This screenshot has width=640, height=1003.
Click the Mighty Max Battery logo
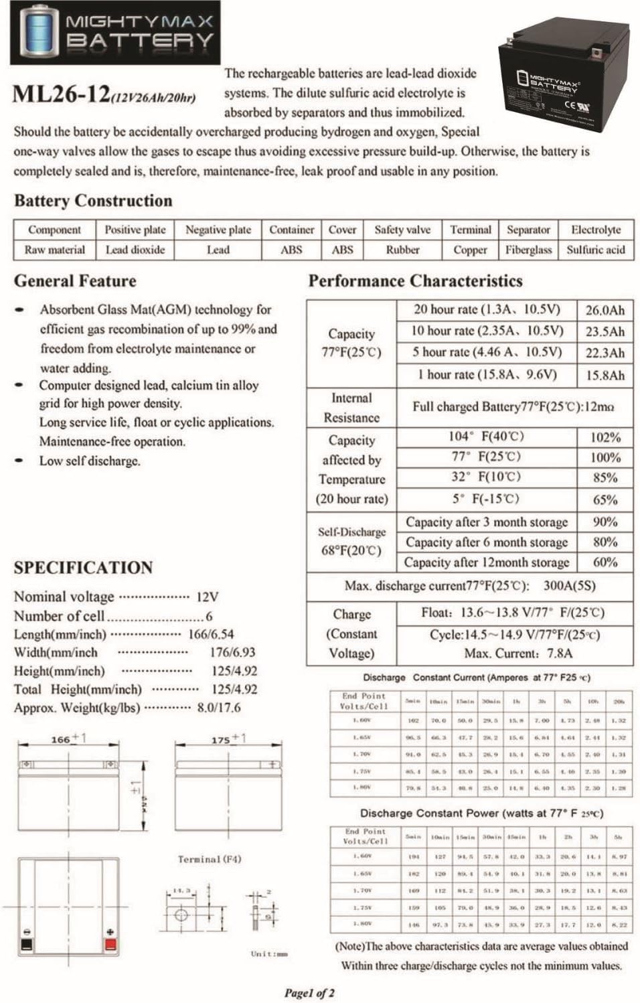point(115,33)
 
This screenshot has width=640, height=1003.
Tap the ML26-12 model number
point(62,94)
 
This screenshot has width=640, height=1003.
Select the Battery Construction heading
point(93,201)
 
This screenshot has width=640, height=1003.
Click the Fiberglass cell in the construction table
point(528,250)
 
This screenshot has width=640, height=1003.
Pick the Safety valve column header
point(402,230)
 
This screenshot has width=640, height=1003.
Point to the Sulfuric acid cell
point(595,250)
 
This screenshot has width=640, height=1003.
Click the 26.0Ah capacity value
point(605,310)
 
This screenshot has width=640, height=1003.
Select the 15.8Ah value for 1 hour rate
point(605,375)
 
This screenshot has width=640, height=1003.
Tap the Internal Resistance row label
point(351,408)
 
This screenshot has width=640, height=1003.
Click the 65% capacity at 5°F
point(605,499)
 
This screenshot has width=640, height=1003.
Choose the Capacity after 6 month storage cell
point(487,542)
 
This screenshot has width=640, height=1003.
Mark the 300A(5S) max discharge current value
point(569,586)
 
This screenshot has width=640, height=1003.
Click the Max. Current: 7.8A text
point(518,653)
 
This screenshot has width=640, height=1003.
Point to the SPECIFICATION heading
point(83,568)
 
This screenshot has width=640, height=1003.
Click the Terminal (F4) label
point(210,859)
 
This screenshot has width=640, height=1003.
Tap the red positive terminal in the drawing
point(110,945)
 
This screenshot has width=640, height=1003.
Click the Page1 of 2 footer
point(309,993)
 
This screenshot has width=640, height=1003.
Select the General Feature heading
point(75,281)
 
